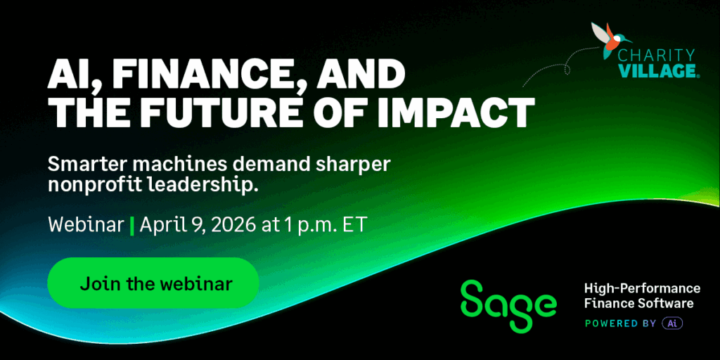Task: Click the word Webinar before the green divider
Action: click(86, 226)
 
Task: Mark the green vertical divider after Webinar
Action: click(132, 226)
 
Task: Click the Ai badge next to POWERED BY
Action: click(672, 323)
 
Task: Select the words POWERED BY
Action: click(620, 323)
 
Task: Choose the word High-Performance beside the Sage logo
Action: click(642, 288)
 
